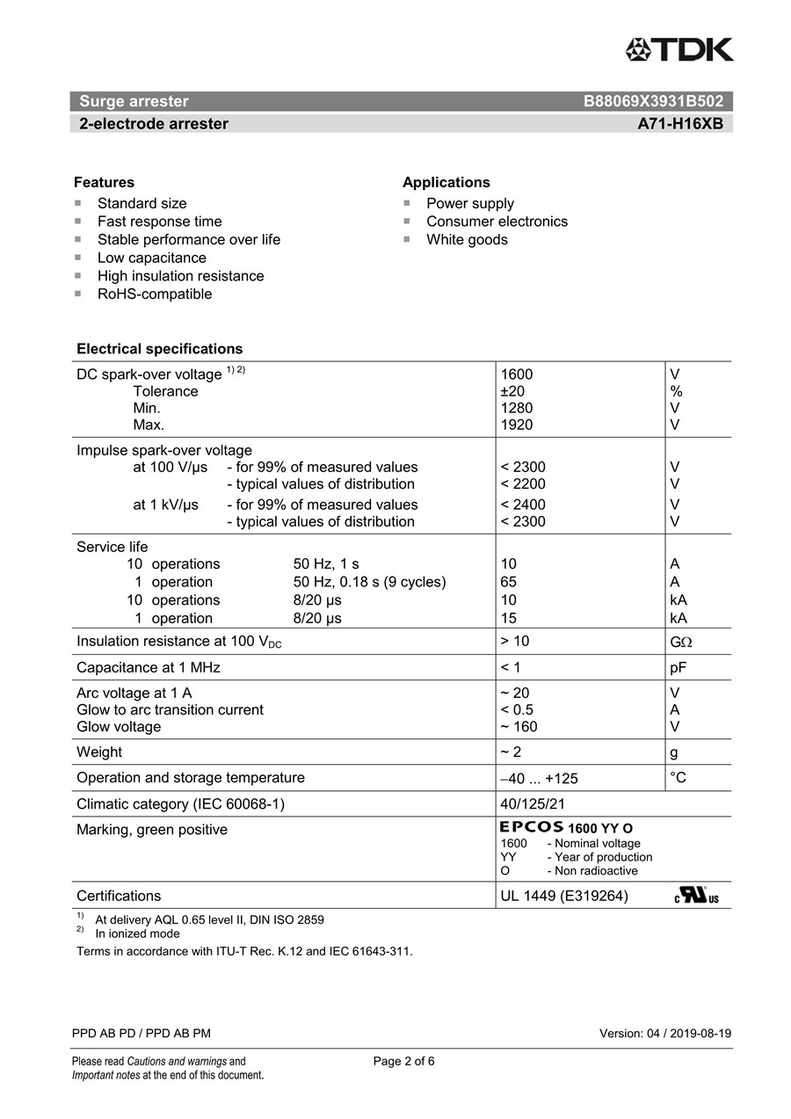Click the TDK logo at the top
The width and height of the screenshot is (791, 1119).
click(679, 49)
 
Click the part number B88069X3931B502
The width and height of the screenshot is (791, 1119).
click(653, 101)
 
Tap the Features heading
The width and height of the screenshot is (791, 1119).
click(104, 182)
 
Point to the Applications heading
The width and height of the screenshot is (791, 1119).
click(446, 182)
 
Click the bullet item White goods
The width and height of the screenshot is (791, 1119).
click(467, 240)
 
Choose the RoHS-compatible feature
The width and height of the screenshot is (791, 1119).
click(155, 294)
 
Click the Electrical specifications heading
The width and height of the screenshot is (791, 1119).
click(159, 349)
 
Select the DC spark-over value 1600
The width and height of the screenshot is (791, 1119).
click(516, 374)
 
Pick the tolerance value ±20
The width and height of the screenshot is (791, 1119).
click(512, 391)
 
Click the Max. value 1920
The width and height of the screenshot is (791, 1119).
click(516, 425)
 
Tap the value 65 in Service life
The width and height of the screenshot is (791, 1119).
click(508, 582)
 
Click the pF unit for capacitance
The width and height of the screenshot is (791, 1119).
click(678, 668)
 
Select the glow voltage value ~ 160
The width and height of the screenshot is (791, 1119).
click(519, 727)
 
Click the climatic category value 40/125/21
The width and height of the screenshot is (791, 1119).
click(533, 804)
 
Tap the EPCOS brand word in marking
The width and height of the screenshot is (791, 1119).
click(531, 827)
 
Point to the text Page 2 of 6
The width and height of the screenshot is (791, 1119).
click(403, 1061)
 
